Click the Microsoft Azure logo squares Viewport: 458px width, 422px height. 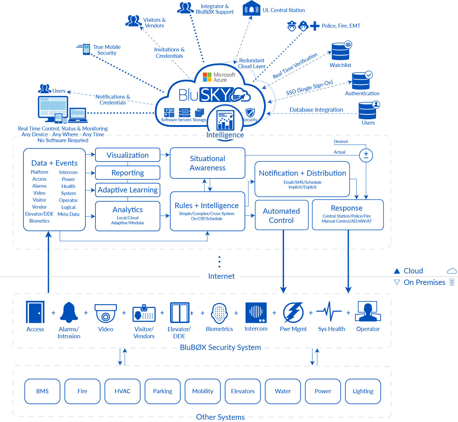pyautogui.click(x=207, y=77)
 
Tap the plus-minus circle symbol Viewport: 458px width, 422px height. pyautogui.click(x=366, y=156)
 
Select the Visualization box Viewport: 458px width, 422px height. pyautogui.click(x=128, y=155)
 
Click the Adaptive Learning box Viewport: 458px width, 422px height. pyautogui.click(x=128, y=190)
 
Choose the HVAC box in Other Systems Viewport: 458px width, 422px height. pyautogui.click(x=122, y=391)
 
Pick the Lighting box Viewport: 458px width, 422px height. pyautogui.click(x=363, y=391)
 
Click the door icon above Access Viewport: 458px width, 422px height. pyautogui.click(x=35, y=312)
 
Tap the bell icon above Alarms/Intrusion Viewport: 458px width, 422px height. pyautogui.click(x=69, y=312)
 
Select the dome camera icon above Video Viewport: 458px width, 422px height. pyautogui.click(x=105, y=313)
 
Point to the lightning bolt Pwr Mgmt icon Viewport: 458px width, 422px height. pyautogui.click(x=293, y=313)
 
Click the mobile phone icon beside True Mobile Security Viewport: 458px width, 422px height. pyautogui.click(x=86, y=49)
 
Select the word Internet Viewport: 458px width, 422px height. pyautogui.click(x=221, y=276)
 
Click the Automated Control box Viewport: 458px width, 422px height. pyautogui.click(x=281, y=215)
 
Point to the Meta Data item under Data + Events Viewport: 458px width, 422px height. pyautogui.click(x=68, y=214)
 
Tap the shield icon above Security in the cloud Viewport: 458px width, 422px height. pyautogui.click(x=250, y=113)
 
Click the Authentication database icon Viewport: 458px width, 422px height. pyautogui.click(x=361, y=81)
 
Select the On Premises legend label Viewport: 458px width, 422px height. pyautogui.click(x=424, y=282)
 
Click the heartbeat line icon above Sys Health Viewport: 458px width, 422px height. pyautogui.click(x=329, y=311)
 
